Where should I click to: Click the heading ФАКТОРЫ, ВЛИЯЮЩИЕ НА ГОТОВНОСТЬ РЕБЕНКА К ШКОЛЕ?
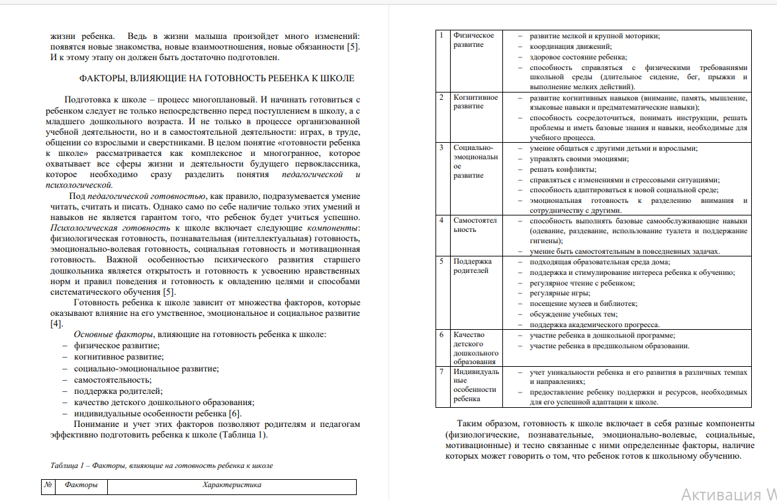tap(216, 78)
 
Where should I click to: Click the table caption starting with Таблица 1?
tap(161, 465)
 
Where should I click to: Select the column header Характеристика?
tap(232, 485)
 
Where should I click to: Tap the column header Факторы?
tap(81, 485)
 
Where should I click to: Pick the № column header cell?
tap(48, 485)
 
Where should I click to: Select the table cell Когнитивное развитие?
tap(475, 102)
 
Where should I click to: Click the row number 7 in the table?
tap(442, 371)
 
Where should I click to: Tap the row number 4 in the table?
tap(442, 220)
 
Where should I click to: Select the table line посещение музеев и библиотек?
tap(584, 303)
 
